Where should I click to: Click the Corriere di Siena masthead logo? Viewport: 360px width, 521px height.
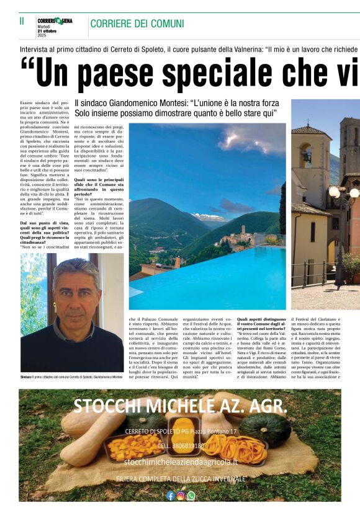coord(55,21)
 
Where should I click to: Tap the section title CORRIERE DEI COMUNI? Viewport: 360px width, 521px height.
coord(137,24)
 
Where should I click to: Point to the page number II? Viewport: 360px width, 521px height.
coord(22,21)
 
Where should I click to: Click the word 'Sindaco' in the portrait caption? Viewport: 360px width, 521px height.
coord(26,377)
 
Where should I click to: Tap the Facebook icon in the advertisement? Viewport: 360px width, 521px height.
coord(170,496)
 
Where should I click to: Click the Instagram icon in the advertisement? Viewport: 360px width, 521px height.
coord(181,496)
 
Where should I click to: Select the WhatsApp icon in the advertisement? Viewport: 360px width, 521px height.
coord(191,496)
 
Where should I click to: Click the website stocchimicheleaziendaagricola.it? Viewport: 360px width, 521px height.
coord(180,463)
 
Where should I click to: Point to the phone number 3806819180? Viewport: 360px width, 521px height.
coord(180,445)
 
